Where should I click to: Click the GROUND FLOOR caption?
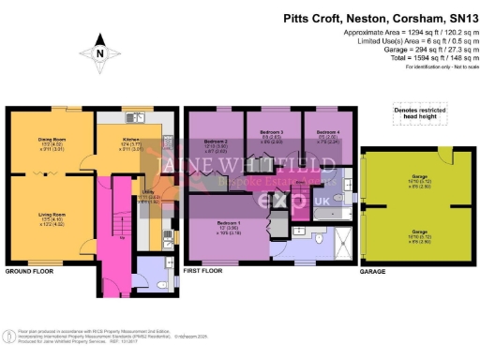point(28,272)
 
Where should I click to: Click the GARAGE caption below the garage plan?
point(373,272)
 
